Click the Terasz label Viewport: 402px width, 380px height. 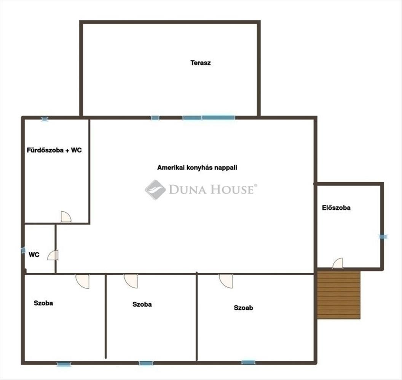(201, 63)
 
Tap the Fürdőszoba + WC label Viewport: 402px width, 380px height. (54, 150)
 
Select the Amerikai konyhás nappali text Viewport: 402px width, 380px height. (197, 168)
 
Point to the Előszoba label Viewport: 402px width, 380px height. (336, 207)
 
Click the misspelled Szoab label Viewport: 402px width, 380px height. (243, 307)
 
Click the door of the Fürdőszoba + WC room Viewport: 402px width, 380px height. (66, 217)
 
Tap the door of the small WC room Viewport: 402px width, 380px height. (53, 255)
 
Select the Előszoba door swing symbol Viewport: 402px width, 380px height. (338, 263)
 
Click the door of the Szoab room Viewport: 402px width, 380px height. (226, 281)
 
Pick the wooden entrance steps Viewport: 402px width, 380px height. (339, 295)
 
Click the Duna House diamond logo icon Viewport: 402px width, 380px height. (155, 190)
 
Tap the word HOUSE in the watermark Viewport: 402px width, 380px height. (232, 190)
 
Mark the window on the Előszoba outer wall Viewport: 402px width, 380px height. (383, 237)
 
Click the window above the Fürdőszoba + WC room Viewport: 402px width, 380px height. (45, 119)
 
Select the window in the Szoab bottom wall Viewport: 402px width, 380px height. (248, 363)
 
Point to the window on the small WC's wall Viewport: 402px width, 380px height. (23, 250)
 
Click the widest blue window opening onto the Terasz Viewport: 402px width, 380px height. (218, 118)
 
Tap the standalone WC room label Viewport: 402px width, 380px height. (34, 255)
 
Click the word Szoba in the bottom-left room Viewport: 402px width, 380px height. (43, 303)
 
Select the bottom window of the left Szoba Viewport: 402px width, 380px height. (64, 364)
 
